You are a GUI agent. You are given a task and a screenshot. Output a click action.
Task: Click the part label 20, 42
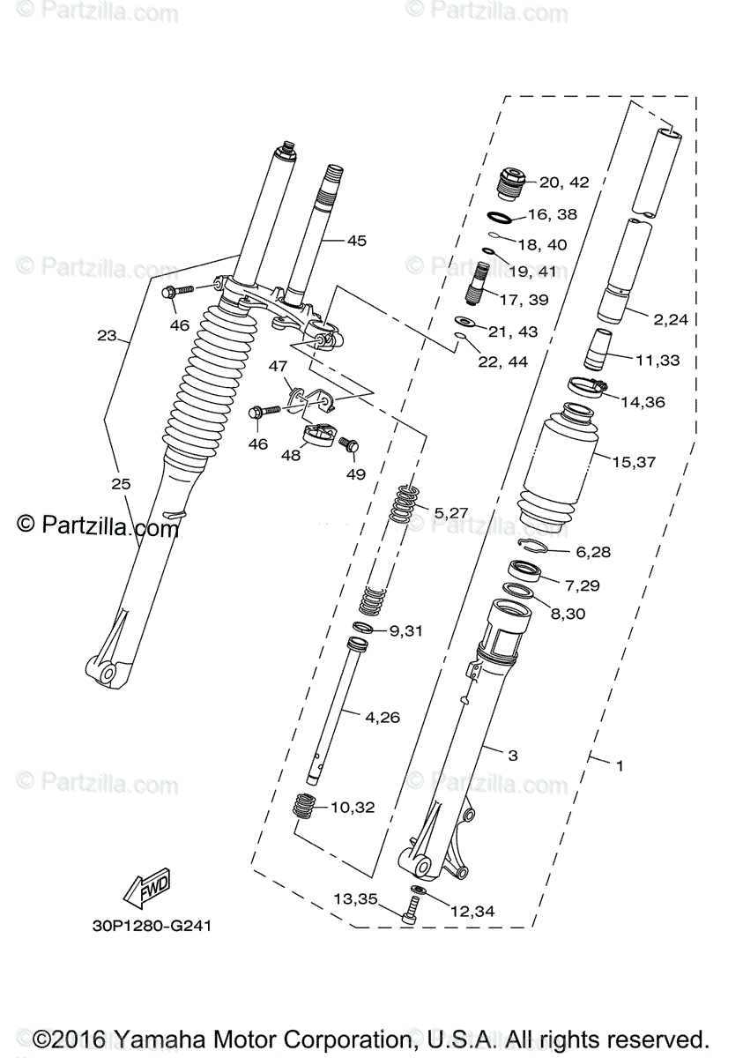click(x=563, y=183)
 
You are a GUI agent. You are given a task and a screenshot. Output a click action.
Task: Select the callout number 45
click(x=356, y=240)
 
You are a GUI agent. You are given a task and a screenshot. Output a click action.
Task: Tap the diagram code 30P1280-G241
click(x=152, y=927)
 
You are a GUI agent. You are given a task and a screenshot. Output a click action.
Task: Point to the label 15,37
click(x=633, y=461)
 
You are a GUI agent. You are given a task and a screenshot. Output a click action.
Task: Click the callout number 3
click(x=512, y=756)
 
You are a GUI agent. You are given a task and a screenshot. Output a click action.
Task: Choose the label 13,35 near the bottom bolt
click(x=354, y=898)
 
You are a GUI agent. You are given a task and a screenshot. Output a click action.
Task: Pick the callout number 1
click(x=620, y=766)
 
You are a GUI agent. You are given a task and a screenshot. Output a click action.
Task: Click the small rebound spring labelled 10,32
click(x=304, y=806)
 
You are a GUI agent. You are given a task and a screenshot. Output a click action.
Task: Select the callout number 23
click(x=107, y=335)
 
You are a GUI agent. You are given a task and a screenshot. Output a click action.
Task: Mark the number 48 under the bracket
click(x=290, y=455)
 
